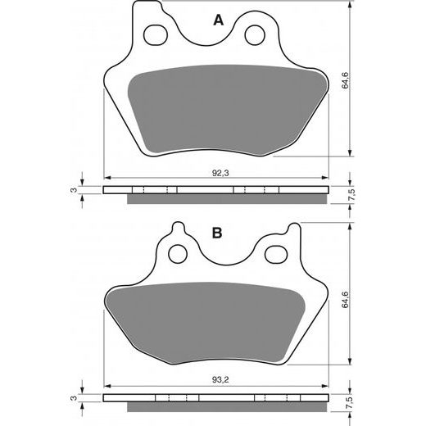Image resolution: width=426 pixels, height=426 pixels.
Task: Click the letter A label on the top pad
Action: [x=218, y=20]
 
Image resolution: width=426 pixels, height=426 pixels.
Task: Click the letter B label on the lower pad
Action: [x=217, y=233]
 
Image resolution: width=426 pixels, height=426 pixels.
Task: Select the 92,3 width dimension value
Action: [x=220, y=173]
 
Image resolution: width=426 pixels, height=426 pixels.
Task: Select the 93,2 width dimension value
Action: [x=220, y=379]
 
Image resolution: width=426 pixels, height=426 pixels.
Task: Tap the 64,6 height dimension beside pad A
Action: [x=345, y=80]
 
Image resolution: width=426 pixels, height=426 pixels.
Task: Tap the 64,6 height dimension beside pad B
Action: [x=345, y=300]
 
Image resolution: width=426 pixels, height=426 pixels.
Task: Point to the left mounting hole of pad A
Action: [x=156, y=35]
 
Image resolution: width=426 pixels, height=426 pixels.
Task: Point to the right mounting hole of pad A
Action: [x=255, y=35]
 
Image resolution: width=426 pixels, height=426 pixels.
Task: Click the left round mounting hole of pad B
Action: [x=179, y=254]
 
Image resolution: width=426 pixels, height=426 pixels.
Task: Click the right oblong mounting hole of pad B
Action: [x=277, y=255]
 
